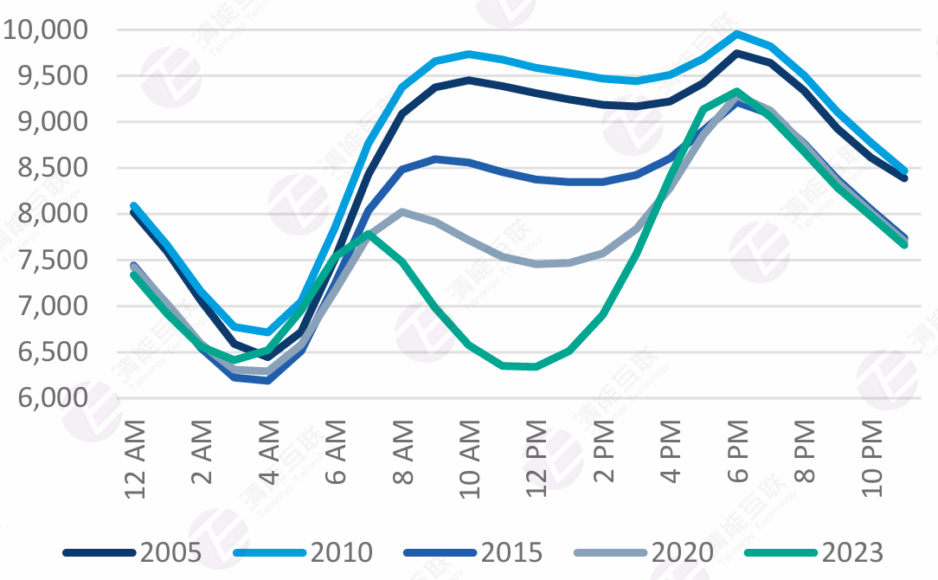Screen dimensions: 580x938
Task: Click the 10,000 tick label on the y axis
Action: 46,30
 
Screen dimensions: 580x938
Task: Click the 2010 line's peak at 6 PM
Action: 736,34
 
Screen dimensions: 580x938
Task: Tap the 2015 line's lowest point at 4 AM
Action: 269,380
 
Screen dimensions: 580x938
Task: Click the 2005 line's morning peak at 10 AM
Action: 469,80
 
